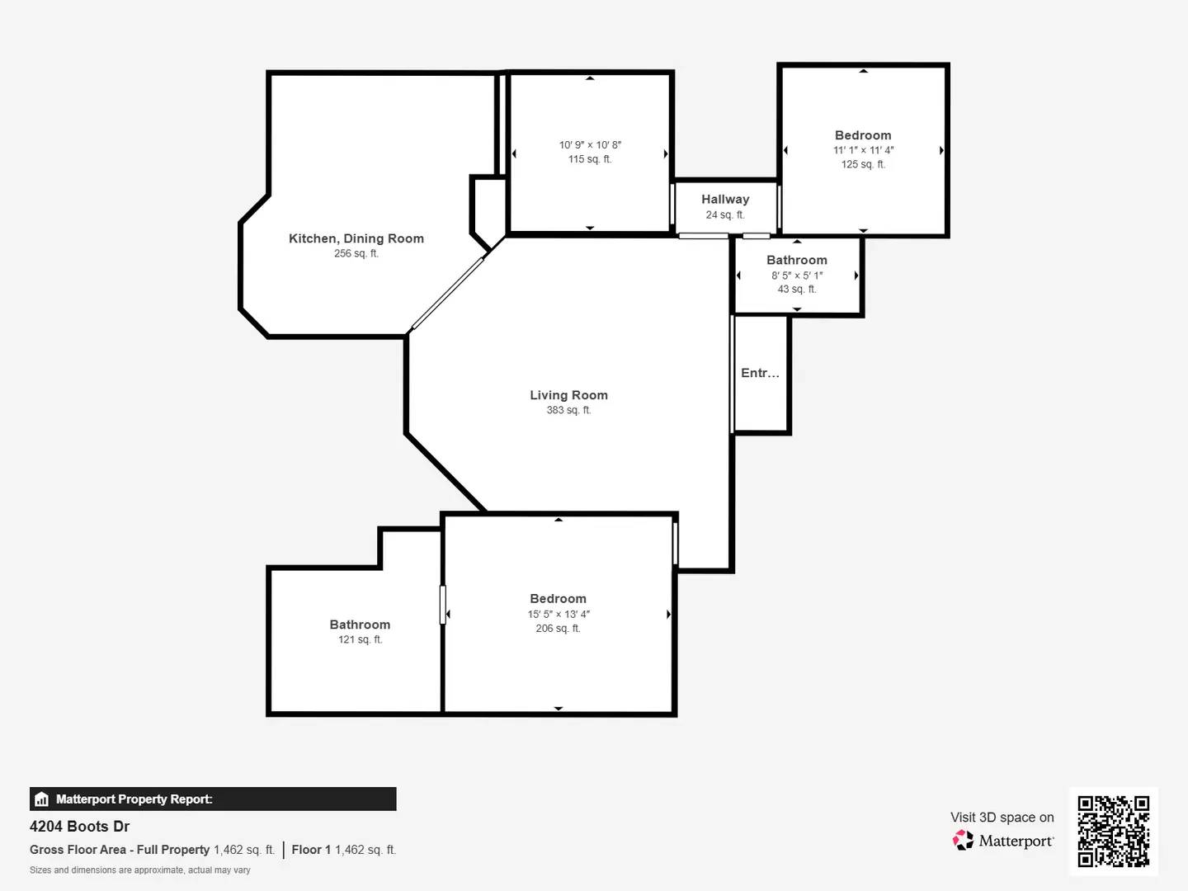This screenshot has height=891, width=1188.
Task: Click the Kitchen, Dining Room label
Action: (x=356, y=238)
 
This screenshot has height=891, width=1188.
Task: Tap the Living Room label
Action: (x=568, y=395)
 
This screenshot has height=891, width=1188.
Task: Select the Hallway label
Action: (x=725, y=199)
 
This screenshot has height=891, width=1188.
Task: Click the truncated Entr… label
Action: (x=760, y=373)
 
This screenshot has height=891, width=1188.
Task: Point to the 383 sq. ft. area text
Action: (x=568, y=410)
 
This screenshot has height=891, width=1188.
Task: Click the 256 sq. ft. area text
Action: (x=356, y=253)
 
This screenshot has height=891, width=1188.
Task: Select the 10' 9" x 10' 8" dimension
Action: (x=590, y=144)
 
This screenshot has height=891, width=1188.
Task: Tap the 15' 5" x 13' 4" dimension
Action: (x=559, y=614)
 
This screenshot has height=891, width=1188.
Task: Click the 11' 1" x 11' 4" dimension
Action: (x=863, y=150)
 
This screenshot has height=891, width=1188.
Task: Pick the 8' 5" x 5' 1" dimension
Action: (x=797, y=276)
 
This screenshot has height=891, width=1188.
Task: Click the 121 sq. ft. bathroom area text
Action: (x=360, y=639)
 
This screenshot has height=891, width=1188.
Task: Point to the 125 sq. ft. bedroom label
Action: (x=863, y=135)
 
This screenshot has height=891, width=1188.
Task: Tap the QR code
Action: (x=1113, y=831)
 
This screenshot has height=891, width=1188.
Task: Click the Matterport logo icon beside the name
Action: (x=963, y=841)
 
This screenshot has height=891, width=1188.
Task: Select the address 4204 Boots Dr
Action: (x=80, y=827)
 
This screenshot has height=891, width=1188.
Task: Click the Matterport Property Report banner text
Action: (x=134, y=799)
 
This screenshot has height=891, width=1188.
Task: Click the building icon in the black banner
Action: (x=42, y=799)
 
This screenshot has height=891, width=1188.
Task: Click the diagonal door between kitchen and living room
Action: (x=448, y=294)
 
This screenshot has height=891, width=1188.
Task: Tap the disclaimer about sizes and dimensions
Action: (x=140, y=870)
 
